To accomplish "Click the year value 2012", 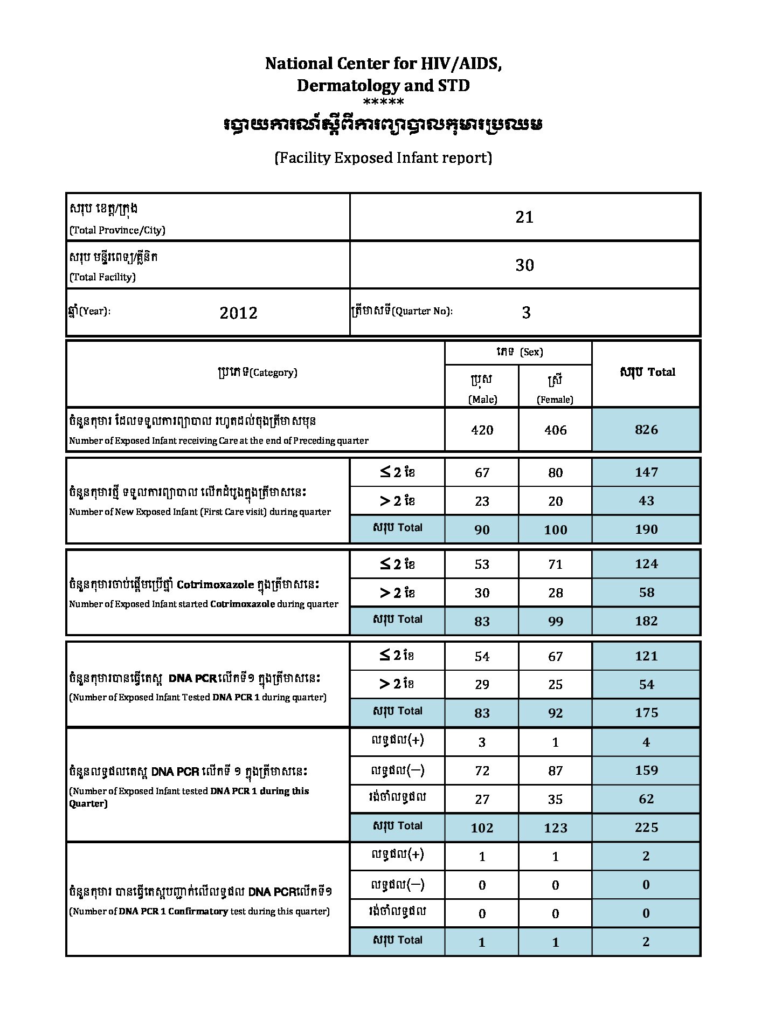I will click(x=238, y=313).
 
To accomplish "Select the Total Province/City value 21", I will click(x=524, y=217).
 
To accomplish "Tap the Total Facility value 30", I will click(x=524, y=265).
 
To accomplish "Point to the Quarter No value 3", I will click(x=526, y=313).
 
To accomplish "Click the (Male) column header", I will click(x=482, y=399).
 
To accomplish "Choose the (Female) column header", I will click(x=555, y=399).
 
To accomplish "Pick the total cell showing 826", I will click(x=646, y=430).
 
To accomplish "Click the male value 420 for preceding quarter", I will click(x=482, y=430).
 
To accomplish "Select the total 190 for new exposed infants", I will click(x=646, y=529).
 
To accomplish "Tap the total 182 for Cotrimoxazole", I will click(x=646, y=621).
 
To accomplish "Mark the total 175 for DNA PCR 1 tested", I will click(x=646, y=713).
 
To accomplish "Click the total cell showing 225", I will click(x=646, y=828).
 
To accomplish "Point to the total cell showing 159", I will click(x=646, y=770).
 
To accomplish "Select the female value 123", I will click(x=555, y=828).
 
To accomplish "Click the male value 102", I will click(x=482, y=828).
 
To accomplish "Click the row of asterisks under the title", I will click(x=383, y=102).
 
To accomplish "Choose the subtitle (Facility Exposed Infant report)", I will click(x=383, y=158).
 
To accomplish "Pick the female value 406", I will click(x=555, y=430).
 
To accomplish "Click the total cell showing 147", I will click(x=646, y=472).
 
